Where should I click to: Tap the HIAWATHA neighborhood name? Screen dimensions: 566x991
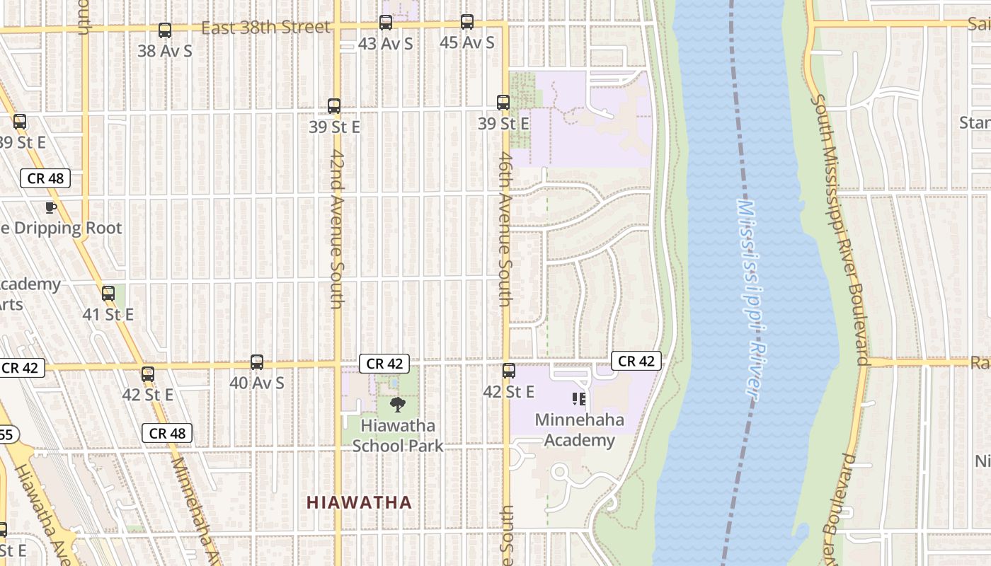[x=359, y=503]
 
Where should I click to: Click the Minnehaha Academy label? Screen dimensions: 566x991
[x=580, y=430]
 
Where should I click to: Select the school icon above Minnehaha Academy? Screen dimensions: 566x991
[x=579, y=400]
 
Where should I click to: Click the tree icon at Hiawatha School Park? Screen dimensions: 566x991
[x=398, y=405]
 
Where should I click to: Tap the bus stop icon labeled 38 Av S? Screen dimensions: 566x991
[x=165, y=30]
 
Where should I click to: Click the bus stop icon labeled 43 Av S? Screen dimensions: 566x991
[x=386, y=23]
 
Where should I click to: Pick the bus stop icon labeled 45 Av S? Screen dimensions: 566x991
[x=467, y=22]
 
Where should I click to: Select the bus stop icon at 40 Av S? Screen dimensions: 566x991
[x=257, y=362]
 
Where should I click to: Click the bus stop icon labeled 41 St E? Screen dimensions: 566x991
[x=108, y=293]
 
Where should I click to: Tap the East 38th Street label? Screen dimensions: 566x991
[x=265, y=28]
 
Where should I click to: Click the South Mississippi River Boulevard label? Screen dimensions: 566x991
[x=840, y=230]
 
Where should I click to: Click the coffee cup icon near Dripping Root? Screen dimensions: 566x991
[x=50, y=207]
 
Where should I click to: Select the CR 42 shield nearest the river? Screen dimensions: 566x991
[x=636, y=362]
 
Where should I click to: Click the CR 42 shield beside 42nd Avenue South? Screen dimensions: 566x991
[x=384, y=364]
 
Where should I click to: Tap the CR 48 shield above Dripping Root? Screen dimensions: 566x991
[x=46, y=178]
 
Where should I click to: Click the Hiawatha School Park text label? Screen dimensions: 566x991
[x=398, y=436]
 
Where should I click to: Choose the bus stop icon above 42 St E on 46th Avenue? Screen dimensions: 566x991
[x=509, y=371]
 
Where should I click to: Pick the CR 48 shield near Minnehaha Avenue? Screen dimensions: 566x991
[x=168, y=433]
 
